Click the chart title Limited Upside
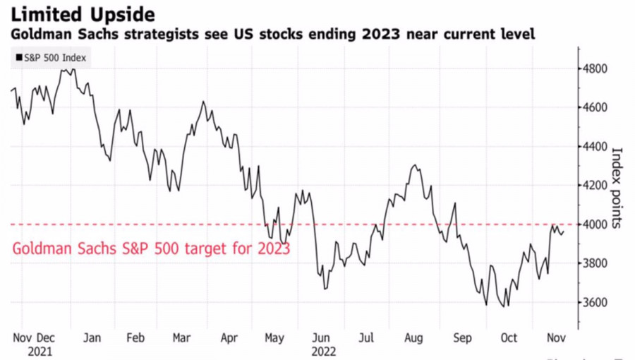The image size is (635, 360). (x=83, y=14)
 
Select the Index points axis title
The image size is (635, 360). (x=617, y=187)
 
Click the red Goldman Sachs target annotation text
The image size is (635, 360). (x=151, y=248)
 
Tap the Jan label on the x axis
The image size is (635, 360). (x=92, y=338)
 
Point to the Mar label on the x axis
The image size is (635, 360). (x=181, y=338)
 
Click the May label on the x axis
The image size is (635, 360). (x=274, y=338)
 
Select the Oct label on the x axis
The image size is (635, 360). (x=508, y=338)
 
